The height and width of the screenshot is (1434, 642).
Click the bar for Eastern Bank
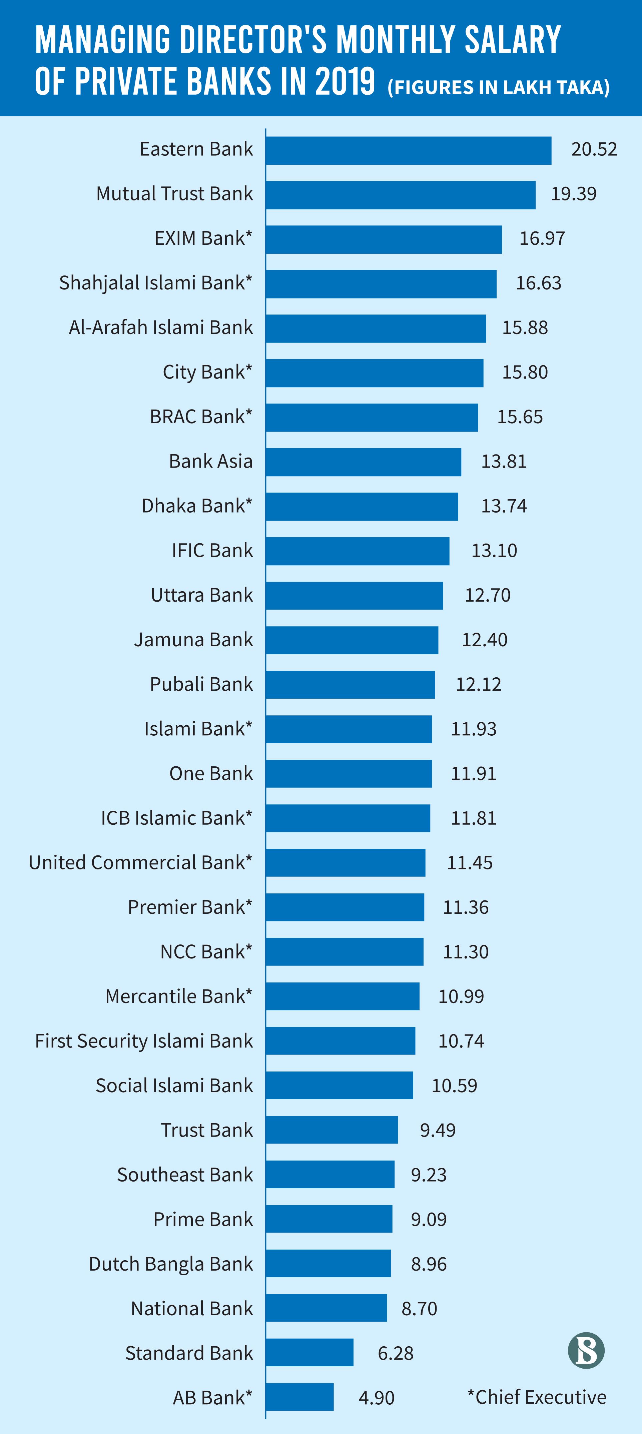tap(408, 150)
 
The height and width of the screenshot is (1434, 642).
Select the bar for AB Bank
tap(299, 1397)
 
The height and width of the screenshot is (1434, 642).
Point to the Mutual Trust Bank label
tap(174, 194)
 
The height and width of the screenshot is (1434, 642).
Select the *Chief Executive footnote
tap(537, 1397)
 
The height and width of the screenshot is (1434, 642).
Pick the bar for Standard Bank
tap(309, 1352)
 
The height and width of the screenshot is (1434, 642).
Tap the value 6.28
tap(395, 1353)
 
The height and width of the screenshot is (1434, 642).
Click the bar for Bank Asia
tap(363, 462)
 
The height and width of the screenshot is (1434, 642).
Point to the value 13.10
tap(494, 551)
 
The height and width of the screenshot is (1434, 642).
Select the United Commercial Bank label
tap(140, 862)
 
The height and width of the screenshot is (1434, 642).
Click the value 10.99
tap(461, 996)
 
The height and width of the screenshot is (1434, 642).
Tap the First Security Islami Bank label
tap(144, 1040)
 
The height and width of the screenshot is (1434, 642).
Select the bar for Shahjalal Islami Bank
tap(381, 284)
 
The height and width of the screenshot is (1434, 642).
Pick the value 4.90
tap(377, 1397)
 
